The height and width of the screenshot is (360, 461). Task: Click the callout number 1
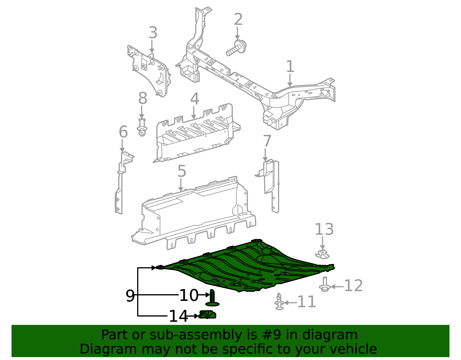(290, 67)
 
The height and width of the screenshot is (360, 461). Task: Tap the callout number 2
(238, 20)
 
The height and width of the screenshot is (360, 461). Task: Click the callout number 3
(153, 33)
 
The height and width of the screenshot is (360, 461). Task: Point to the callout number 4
(194, 99)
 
